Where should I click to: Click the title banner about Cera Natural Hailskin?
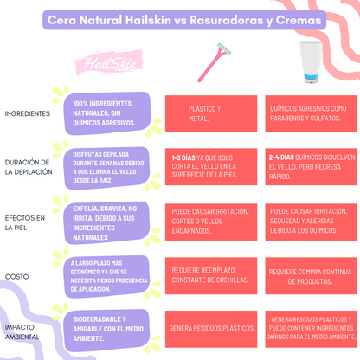coord(180,19)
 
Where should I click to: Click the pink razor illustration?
coord(209,63)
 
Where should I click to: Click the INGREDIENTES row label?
coord(27,113)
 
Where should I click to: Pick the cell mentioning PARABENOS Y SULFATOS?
coord(309,114)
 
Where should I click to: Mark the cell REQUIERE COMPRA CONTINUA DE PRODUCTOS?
coord(309,274)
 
